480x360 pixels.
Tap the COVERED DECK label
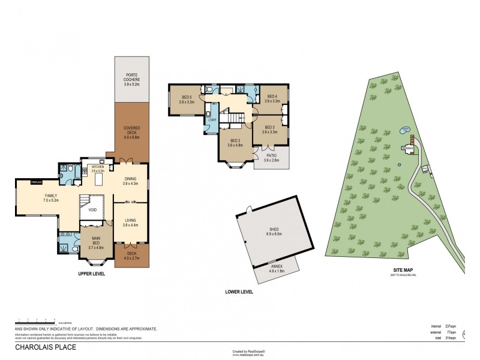tap(131, 128)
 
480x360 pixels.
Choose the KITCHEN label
tap(97, 167)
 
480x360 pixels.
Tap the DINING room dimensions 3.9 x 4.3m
tap(130, 184)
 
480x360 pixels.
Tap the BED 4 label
tap(272, 96)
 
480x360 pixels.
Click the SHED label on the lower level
tap(275, 228)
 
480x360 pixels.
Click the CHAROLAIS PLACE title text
tap(43, 346)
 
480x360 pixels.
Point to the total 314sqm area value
tap(453, 338)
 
